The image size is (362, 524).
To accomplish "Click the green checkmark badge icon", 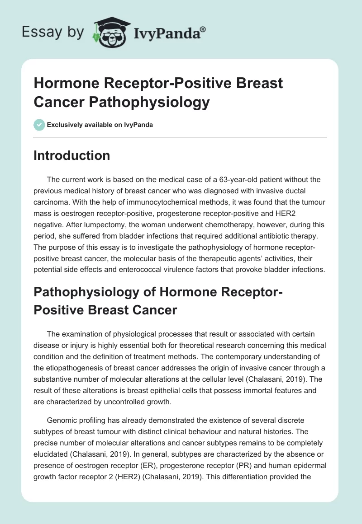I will coord(39,125).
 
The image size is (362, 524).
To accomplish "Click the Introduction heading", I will coord(72,156).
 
